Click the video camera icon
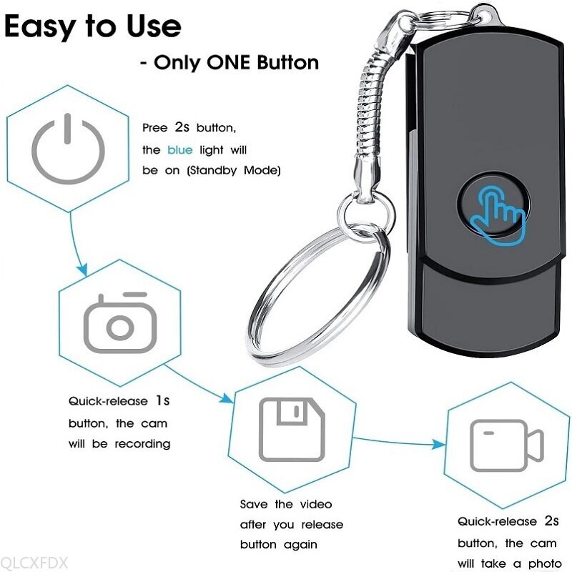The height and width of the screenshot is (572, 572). coord(506,443)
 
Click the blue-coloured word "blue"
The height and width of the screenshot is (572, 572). coord(179,149)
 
